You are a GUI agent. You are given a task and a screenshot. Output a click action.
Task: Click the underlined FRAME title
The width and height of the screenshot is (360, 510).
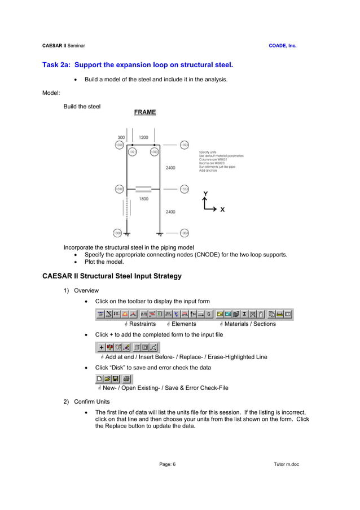(x=145, y=112)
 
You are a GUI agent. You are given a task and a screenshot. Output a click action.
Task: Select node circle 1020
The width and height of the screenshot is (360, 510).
(x=120, y=145)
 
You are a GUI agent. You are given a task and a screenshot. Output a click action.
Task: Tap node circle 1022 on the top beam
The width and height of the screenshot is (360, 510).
(x=154, y=151)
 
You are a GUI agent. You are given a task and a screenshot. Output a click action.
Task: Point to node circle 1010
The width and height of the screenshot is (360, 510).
(x=120, y=189)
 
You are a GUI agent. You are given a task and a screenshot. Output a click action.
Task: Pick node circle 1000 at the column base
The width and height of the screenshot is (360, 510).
(x=117, y=233)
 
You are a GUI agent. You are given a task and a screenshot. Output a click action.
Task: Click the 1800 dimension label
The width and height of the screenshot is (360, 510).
(x=144, y=199)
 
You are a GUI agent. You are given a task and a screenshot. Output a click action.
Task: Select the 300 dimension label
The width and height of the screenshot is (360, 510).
(x=121, y=137)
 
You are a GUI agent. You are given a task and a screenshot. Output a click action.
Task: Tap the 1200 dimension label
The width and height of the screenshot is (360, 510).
(x=144, y=137)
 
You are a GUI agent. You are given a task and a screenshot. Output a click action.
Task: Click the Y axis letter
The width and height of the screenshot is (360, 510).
(x=205, y=194)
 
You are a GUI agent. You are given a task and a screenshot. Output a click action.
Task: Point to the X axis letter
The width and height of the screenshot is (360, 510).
(x=222, y=210)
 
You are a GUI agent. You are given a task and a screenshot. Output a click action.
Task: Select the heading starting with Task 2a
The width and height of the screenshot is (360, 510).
(x=138, y=65)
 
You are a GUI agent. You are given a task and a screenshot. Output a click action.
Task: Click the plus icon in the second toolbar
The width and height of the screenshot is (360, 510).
(x=102, y=347)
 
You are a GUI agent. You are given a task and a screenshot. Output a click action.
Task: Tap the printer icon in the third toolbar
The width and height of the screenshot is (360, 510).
(x=126, y=378)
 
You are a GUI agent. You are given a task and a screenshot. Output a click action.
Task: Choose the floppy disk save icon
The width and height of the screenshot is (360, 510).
(x=115, y=378)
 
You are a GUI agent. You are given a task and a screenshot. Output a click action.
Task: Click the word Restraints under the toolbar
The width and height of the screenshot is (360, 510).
(x=142, y=324)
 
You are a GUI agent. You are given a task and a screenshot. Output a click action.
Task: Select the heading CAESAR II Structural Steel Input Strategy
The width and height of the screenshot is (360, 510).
(x=112, y=276)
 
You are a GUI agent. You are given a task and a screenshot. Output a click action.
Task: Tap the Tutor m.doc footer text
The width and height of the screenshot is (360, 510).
(x=286, y=464)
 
